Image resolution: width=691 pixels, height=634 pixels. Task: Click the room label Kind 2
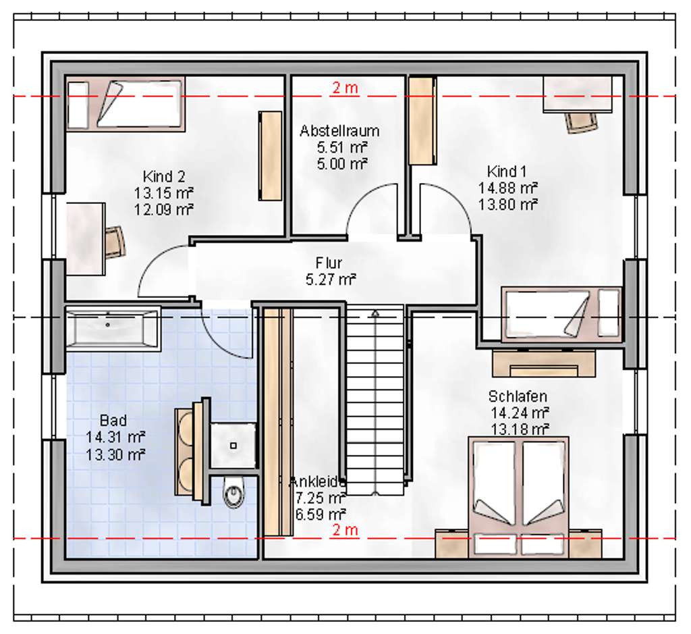point(164,177)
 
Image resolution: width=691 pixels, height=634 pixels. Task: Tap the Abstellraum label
point(339,130)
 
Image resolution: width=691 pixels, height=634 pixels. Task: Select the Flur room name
point(330,262)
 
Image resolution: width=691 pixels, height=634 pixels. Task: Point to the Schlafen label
point(518,396)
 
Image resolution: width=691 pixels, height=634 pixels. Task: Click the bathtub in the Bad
point(113,329)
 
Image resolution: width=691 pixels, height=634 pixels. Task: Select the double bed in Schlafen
point(519,497)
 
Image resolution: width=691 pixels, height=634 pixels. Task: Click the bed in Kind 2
point(126,104)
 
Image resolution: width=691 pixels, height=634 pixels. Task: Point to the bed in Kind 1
point(562,314)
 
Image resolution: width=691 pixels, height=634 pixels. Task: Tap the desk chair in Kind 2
point(115,241)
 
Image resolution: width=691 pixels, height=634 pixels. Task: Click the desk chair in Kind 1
point(582,121)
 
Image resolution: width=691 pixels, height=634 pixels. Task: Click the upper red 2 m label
point(345,88)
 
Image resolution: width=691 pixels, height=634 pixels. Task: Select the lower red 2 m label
point(345,530)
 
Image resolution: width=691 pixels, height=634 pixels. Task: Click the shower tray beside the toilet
point(233,445)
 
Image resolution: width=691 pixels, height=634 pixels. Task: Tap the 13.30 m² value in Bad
point(115,454)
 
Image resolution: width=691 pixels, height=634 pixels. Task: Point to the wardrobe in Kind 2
point(271,155)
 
